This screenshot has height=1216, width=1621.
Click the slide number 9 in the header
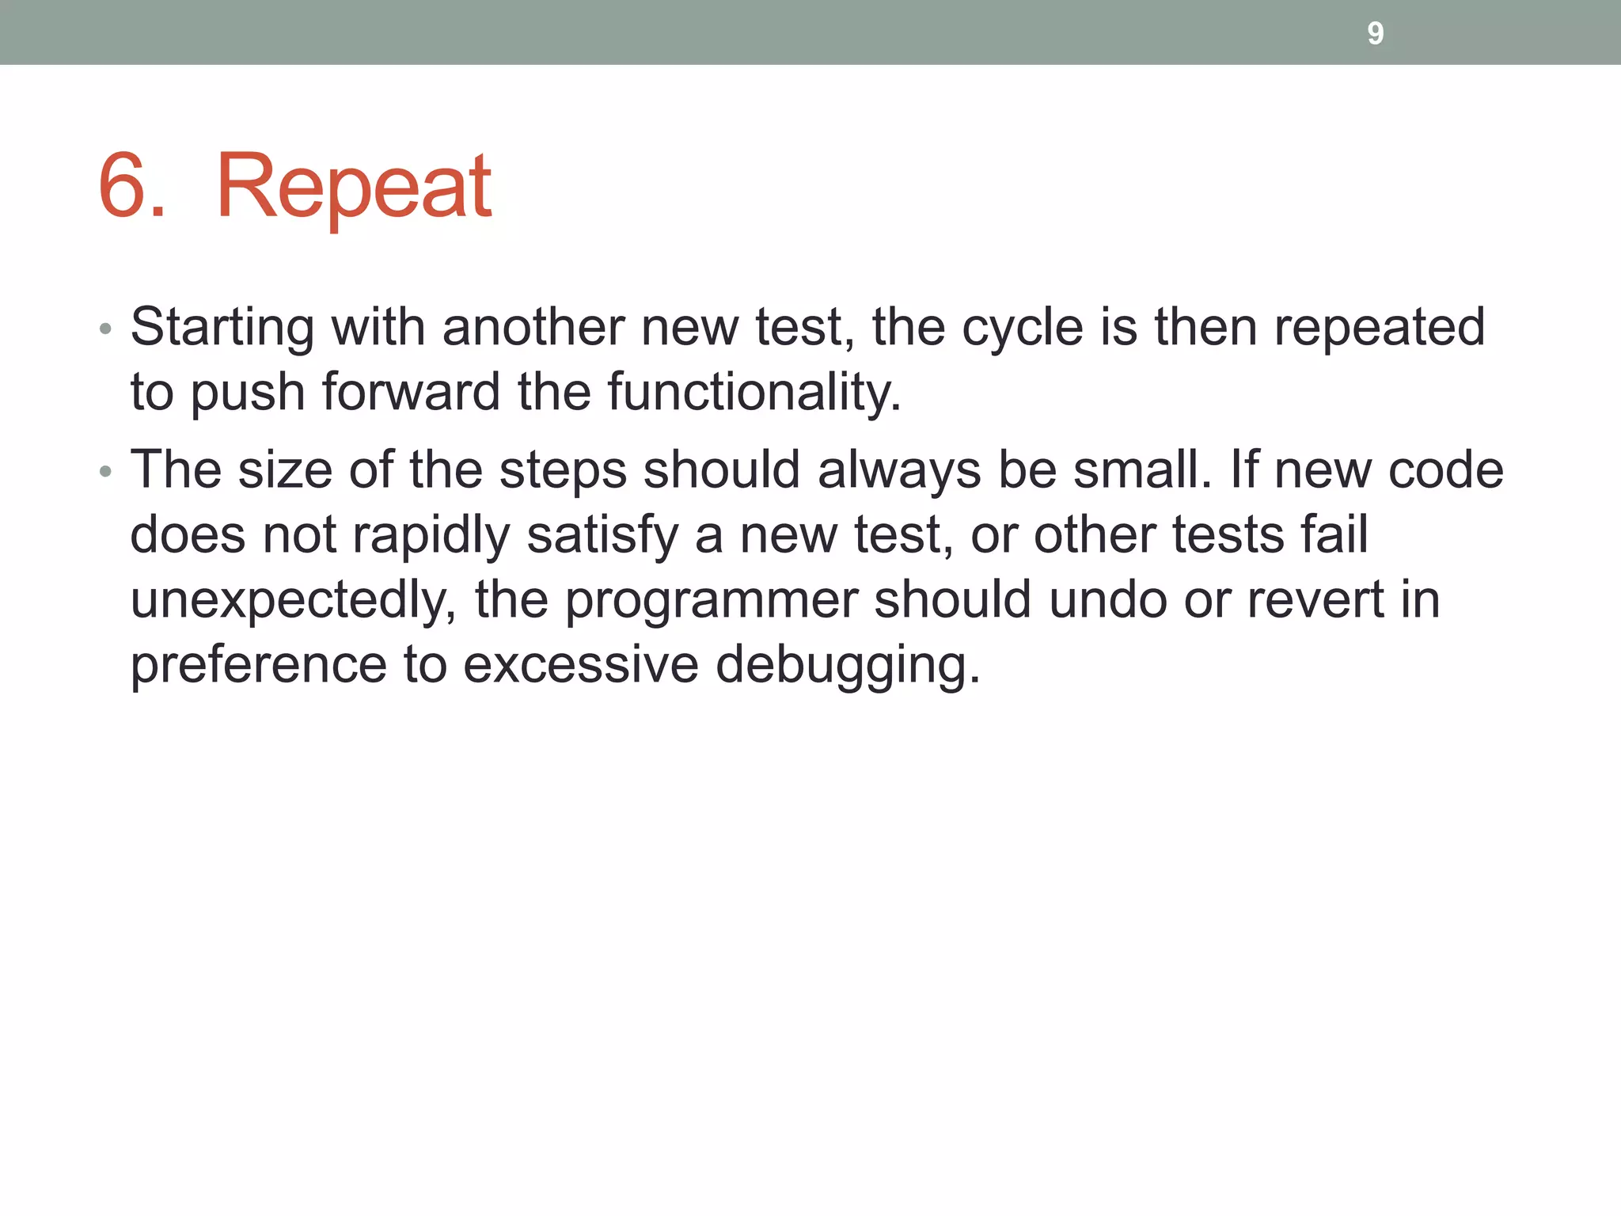(x=1375, y=33)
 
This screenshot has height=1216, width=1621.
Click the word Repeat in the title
(x=354, y=187)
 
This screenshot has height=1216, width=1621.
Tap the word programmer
(x=711, y=601)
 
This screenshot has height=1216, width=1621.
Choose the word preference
(x=258, y=665)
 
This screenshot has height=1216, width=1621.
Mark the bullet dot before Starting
(x=105, y=329)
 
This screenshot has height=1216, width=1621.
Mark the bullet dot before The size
(x=105, y=473)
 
